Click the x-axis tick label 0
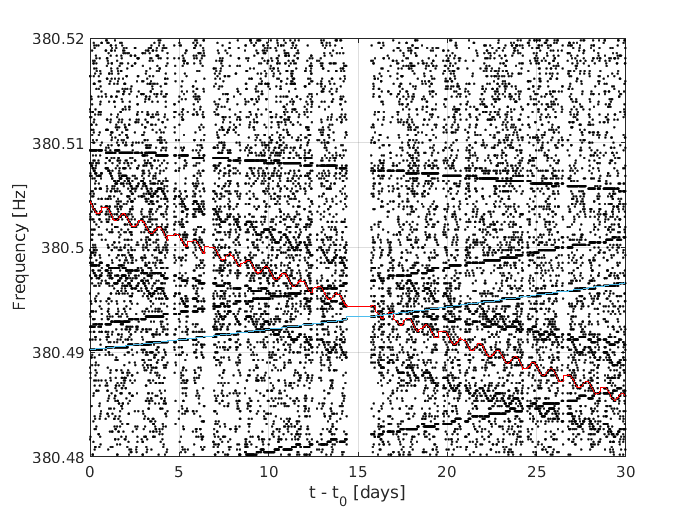[x=90, y=471]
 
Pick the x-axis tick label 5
[x=179, y=471]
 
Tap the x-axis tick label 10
[x=268, y=471]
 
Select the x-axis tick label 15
[x=358, y=471]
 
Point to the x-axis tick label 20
[x=447, y=471]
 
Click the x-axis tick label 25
[x=536, y=471]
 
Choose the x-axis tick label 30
[x=625, y=471]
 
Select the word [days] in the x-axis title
[x=383, y=491]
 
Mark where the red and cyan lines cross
[x=394, y=313]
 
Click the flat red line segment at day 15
[x=358, y=306]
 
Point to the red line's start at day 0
[x=91, y=203]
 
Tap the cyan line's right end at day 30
[x=624, y=284]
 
